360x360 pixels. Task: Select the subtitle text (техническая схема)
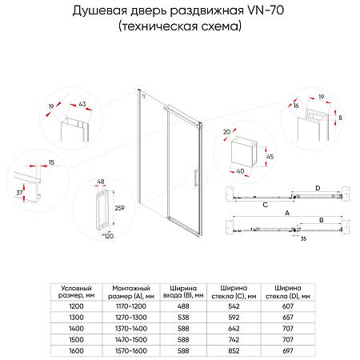(180, 26)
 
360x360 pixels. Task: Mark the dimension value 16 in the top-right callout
(296, 105)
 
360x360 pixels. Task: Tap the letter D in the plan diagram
(318, 188)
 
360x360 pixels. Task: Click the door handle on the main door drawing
(192, 177)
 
